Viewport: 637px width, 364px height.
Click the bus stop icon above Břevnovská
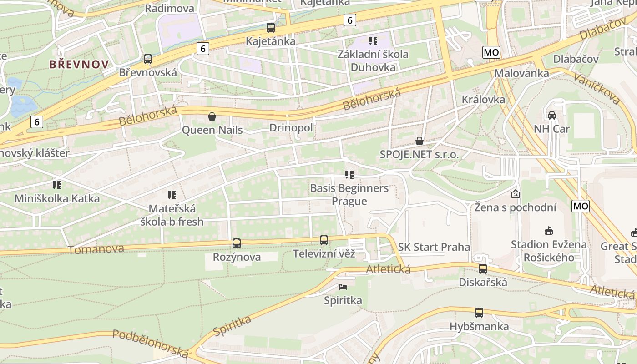148,59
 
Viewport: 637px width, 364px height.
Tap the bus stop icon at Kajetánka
271,28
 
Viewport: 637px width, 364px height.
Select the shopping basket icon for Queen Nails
212,116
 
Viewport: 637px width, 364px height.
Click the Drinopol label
291,128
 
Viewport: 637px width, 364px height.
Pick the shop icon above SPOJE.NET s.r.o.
420,141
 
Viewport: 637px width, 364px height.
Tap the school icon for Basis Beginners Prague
349,175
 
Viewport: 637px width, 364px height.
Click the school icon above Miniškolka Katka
57,185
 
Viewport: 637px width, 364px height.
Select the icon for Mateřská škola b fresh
172,195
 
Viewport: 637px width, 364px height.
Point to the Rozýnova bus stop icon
237,243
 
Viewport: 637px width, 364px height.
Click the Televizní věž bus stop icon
324,240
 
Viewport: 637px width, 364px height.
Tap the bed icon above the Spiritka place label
343,287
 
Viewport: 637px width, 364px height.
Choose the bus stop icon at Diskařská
483,269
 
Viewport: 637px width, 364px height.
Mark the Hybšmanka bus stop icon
479,313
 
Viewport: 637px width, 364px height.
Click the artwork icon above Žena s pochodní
516,194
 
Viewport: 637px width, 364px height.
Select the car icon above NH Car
552,116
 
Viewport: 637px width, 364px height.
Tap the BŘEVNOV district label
79,64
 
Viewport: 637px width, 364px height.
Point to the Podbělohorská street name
150,344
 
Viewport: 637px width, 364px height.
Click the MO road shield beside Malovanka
491,52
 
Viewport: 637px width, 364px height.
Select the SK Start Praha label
434,247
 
